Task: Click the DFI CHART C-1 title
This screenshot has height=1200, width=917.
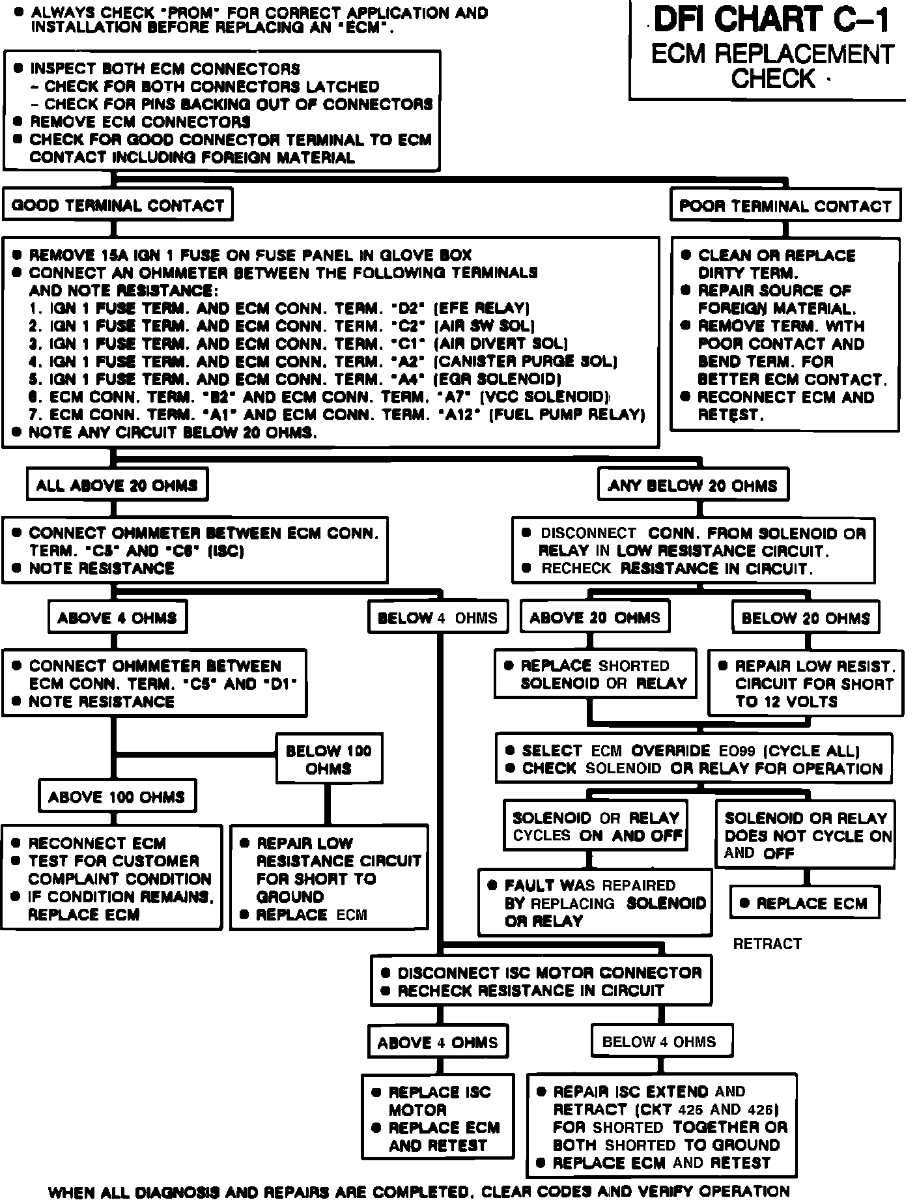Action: pos(772,20)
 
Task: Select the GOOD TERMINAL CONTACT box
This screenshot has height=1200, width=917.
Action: pos(118,206)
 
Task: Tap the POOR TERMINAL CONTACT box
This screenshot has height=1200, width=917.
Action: pos(785,207)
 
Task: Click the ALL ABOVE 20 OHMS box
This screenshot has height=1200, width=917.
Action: pos(117,485)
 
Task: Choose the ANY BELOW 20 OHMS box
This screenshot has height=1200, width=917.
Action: pos(693,486)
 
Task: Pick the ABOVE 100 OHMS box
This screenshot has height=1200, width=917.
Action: pos(117,797)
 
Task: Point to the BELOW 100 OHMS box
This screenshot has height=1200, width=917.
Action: pos(329,760)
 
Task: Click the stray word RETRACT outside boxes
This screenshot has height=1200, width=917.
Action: pos(767,943)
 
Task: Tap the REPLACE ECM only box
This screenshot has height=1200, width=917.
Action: pos(805,904)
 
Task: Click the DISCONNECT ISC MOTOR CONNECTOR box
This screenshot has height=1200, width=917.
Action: pos(541,982)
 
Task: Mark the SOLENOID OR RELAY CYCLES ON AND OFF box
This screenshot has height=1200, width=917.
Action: pos(596,827)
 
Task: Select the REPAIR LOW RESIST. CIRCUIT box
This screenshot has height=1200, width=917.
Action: pos(806,683)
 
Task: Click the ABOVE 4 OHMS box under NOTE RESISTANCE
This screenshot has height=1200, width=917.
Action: pos(117,618)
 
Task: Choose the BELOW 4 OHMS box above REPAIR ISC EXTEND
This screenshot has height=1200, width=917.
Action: pos(659,1042)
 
